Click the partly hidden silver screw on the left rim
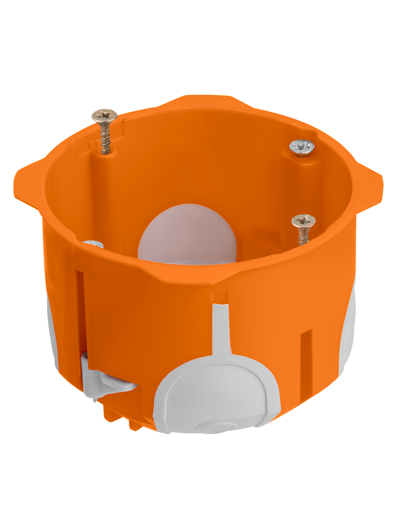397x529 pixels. tap(94, 244)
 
